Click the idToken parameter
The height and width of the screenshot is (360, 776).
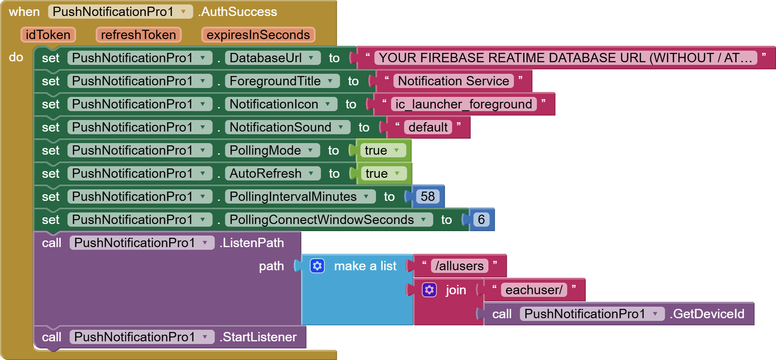pyautogui.click(x=48, y=35)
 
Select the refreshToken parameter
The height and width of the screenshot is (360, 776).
pyautogui.click(x=138, y=35)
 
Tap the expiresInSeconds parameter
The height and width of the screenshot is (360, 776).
pyautogui.click(x=258, y=35)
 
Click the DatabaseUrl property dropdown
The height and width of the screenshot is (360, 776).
pyautogui.click(x=272, y=58)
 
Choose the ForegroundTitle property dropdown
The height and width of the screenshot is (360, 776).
pyautogui.click(x=282, y=81)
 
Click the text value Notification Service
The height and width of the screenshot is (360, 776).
pyautogui.click(x=453, y=81)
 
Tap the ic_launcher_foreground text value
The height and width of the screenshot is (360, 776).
pyautogui.click(x=464, y=104)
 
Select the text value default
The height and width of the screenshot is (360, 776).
pyautogui.click(x=428, y=127)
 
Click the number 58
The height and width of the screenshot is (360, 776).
pyautogui.click(x=428, y=196)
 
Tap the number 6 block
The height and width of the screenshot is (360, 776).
pyautogui.click(x=481, y=220)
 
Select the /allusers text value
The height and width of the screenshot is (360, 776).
pyautogui.click(x=459, y=266)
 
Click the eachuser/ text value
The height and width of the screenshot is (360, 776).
pyautogui.click(x=533, y=290)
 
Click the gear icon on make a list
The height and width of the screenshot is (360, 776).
pyautogui.click(x=317, y=266)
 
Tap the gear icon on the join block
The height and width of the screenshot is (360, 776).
pyautogui.click(x=429, y=290)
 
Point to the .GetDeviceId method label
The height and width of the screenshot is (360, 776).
pyautogui.click(x=707, y=314)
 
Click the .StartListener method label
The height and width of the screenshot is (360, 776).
pyautogui.click(x=258, y=337)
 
